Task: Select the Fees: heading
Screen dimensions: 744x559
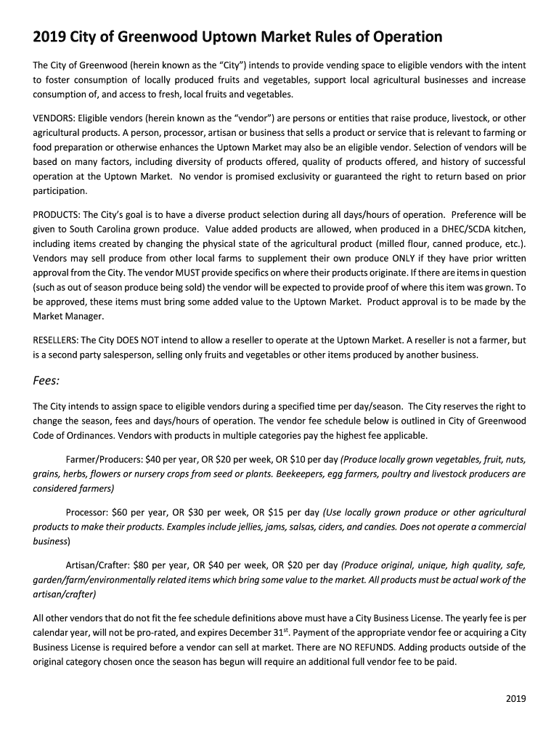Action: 46,380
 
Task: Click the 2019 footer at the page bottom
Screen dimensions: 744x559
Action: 515,699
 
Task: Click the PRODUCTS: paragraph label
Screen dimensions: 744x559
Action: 57,215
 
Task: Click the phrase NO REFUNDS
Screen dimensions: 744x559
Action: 339,647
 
